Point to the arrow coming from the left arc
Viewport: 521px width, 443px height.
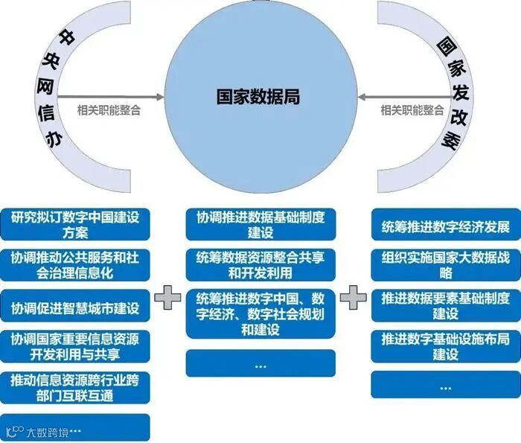[112, 97]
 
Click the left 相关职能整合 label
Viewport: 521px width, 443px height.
[109, 109]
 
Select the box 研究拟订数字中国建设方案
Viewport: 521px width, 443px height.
[75, 224]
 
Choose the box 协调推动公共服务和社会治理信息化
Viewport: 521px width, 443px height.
[75, 264]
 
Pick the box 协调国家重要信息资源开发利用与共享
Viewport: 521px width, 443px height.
[75, 345]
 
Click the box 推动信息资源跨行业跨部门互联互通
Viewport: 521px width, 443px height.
[75, 386]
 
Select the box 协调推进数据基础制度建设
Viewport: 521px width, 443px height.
[260, 224]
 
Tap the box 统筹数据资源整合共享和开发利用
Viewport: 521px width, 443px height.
[260, 264]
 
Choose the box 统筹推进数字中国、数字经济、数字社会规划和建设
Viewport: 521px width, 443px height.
[260, 313]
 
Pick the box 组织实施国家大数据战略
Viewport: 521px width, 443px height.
[445, 264]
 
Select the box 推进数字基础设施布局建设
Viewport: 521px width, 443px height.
[445, 347]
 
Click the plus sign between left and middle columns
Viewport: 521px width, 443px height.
[168, 297]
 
